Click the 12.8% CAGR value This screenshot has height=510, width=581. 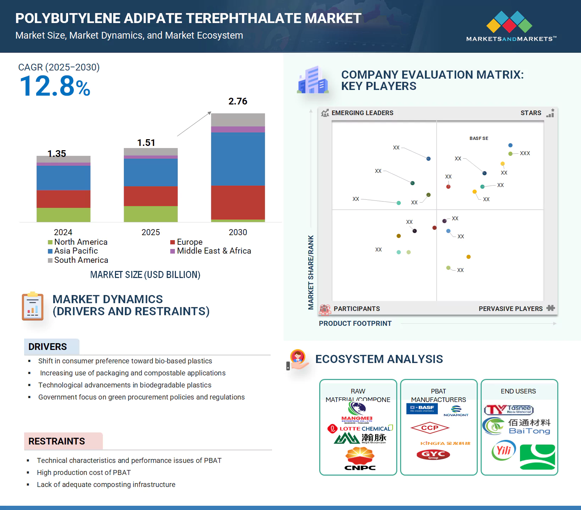pyautogui.click(x=55, y=86)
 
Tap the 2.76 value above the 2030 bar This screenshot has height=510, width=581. pyautogui.click(x=238, y=101)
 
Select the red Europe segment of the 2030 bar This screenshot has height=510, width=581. pyautogui.click(x=238, y=202)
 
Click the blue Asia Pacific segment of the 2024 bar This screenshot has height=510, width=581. pyautogui.click(x=63, y=178)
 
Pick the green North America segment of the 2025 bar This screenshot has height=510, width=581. pyautogui.click(x=150, y=214)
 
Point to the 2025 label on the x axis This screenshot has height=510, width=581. pyautogui.click(x=150, y=232)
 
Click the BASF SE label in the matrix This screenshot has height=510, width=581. pyautogui.click(x=478, y=138)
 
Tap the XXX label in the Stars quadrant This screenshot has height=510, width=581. pyautogui.click(x=525, y=153)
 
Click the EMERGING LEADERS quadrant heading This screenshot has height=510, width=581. pyautogui.click(x=362, y=113)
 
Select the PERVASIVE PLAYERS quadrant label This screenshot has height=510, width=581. pyautogui.click(x=510, y=309)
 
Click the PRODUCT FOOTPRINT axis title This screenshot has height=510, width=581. pyautogui.click(x=355, y=323)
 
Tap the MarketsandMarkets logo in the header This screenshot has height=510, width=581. pyautogui.click(x=511, y=27)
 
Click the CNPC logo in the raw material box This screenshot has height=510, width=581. pyautogui.click(x=360, y=459)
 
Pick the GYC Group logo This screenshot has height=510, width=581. pyautogui.click(x=433, y=454)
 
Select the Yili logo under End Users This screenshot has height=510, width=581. pyautogui.click(x=504, y=450)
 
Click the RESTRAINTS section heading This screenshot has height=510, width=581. pyautogui.click(x=57, y=441)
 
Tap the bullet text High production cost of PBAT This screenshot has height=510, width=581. pyautogui.click(x=84, y=472)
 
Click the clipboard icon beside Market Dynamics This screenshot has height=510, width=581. pyautogui.click(x=33, y=306)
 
